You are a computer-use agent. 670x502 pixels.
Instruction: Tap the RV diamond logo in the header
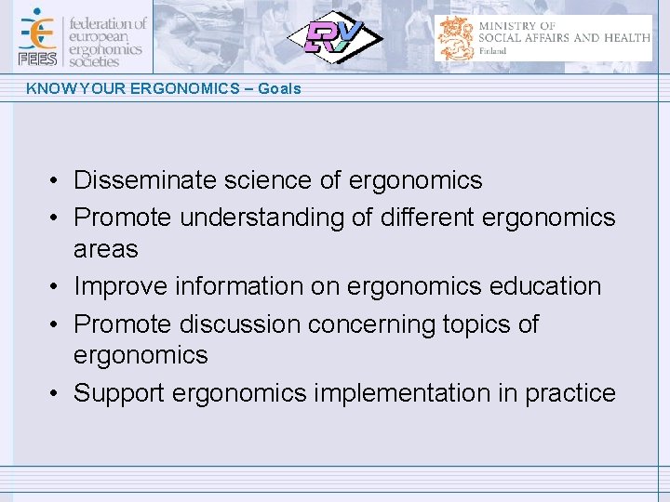pos(332,37)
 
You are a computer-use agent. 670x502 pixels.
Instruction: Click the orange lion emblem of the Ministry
pos(457,38)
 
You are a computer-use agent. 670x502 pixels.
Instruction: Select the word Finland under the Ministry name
pos(492,51)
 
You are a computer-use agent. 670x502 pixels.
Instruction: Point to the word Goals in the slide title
pos(279,88)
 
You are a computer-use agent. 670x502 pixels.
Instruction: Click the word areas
pos(105,249)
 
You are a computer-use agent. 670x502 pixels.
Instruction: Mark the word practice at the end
pos(569,393)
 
